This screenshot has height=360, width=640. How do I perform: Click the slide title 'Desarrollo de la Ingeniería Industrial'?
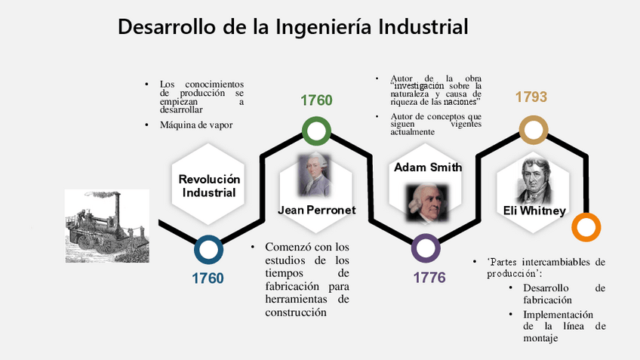293,27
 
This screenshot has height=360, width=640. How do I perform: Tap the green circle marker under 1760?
316,131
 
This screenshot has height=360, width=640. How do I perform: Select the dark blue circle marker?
208,250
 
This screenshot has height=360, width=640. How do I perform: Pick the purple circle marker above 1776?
426,249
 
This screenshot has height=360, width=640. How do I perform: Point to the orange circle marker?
586,227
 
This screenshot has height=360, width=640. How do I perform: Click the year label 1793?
531,97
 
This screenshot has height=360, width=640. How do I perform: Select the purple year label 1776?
429,278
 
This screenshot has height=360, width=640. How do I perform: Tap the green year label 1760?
316,100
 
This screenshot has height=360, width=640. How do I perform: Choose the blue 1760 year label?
208,278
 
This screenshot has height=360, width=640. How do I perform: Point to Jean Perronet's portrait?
315,176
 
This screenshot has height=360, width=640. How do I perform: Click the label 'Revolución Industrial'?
209,186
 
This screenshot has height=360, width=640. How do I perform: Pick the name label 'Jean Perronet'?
316,210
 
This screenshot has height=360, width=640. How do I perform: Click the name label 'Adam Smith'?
428,168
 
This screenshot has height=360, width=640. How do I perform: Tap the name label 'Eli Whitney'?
534,211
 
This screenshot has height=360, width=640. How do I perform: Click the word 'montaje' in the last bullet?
540,340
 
